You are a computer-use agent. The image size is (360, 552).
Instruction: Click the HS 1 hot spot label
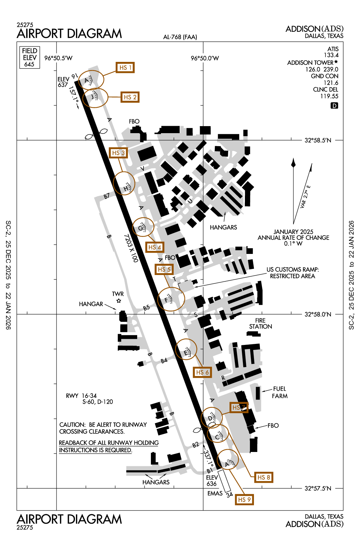pyautogui.click(x=125, y=68)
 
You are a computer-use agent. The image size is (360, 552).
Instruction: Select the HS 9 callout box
pyautogui.click(x=244, y=499)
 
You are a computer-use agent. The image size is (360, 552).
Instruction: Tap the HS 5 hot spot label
pyautogui.click(x=164, y=269)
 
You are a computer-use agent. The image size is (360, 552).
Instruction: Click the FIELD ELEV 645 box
pyautogui.click(x=29, y=57)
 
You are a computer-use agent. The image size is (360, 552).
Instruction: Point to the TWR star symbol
pyautogui.click(x=118, y=301)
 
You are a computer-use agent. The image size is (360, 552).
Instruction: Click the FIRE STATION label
pyautogui.click(x=260, y=324)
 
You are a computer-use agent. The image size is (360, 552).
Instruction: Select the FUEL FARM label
pyautogui.click(x=279, y=392)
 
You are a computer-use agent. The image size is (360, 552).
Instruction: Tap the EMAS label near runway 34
pyautogui.click(x=215, y=493)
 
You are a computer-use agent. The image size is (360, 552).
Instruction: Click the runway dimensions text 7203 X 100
pyautogui.click(x=131, y=248)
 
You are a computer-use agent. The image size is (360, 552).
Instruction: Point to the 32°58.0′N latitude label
pyautogui.click(x=318, y=314)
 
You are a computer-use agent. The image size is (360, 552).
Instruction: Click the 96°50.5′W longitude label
pyautogui.click(x=59, y=58)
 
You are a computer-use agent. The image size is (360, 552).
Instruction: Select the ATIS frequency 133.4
pyautogui.click(x=331, y=55)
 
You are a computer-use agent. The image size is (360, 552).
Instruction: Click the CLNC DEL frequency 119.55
pyautogui.click(x=329, y=96)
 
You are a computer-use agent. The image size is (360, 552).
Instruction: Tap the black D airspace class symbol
pyautogui.click(x=334, y=106)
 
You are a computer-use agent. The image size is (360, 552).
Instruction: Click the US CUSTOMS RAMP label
pyautogui.click(x=292, y=270)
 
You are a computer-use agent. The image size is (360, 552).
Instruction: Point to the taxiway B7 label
pyautogui.click(x=106, y=196)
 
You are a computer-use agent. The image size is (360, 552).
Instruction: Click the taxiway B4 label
pyautogui.click(x=164, y=361)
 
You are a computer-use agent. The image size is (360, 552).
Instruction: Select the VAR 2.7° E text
pyautogui.click(x=305, y=197)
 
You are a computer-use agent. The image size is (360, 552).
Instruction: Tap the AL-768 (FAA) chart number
pyautogui.click(x=180, y=37)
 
